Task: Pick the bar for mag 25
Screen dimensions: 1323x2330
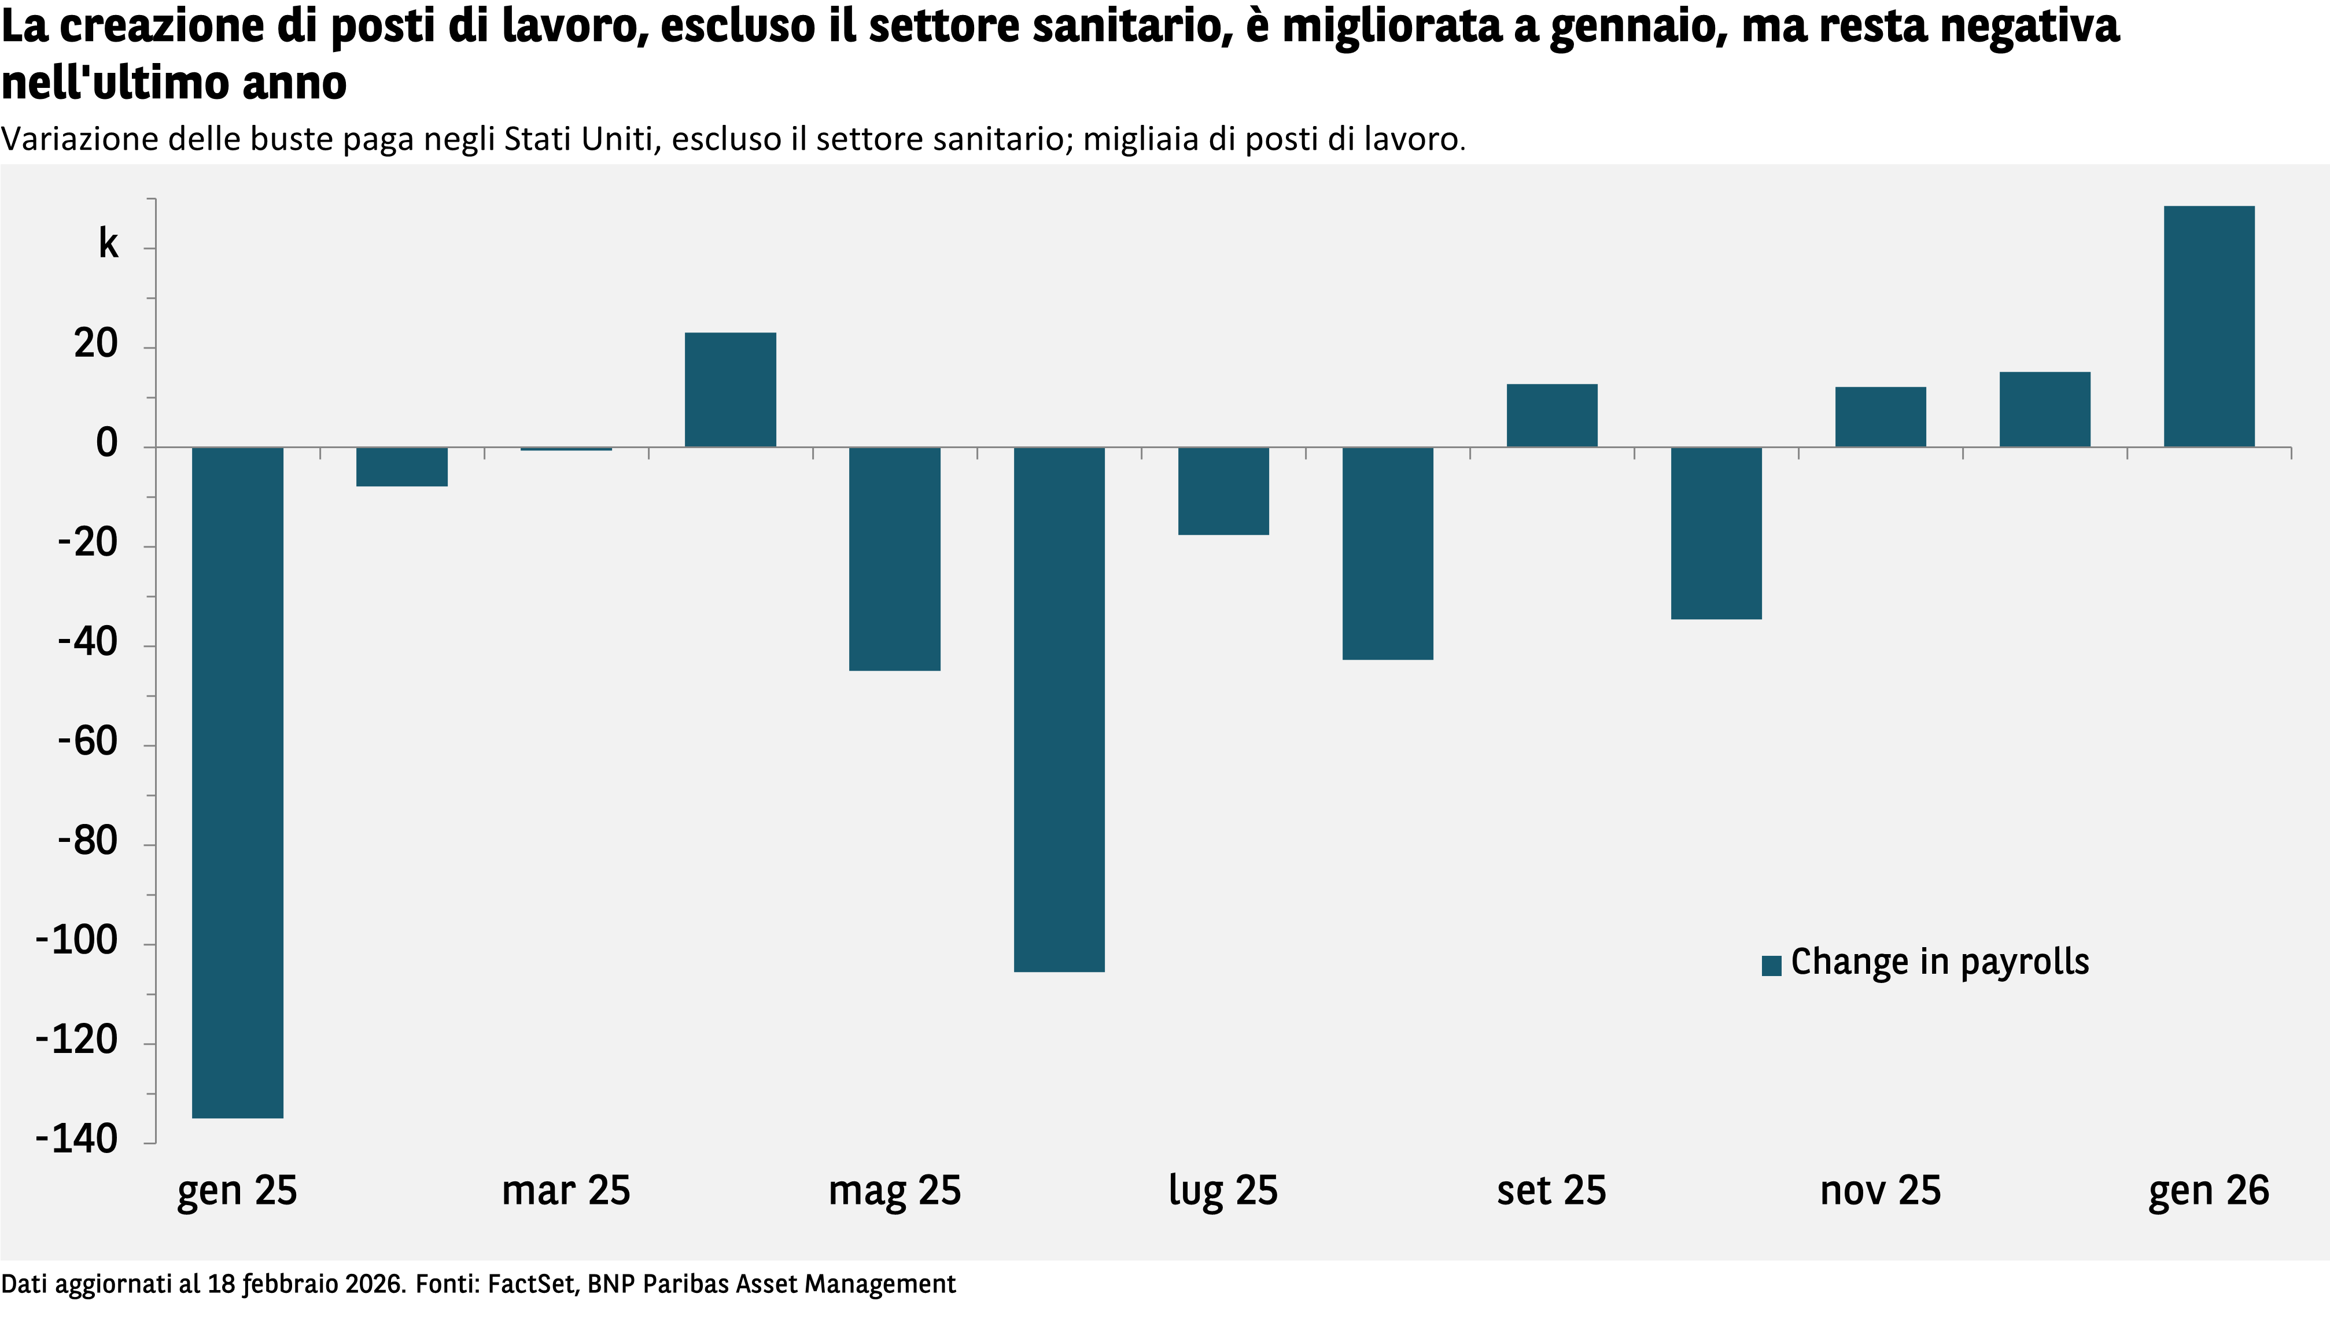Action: coord(894,559)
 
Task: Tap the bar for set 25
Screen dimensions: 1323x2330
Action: coord(1551,415)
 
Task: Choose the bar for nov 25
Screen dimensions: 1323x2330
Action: coord(1880,417)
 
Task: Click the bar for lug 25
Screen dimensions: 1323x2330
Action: coord(1223,491)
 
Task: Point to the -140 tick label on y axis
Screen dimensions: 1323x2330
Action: coord(78,1139)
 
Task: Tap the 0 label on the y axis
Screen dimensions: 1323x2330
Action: coord(107,444)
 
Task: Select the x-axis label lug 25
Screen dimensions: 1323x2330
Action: coord(1223,1191)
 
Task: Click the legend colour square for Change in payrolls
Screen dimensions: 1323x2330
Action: coord(1771,965)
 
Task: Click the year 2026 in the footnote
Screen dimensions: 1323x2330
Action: coord(372,1284)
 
